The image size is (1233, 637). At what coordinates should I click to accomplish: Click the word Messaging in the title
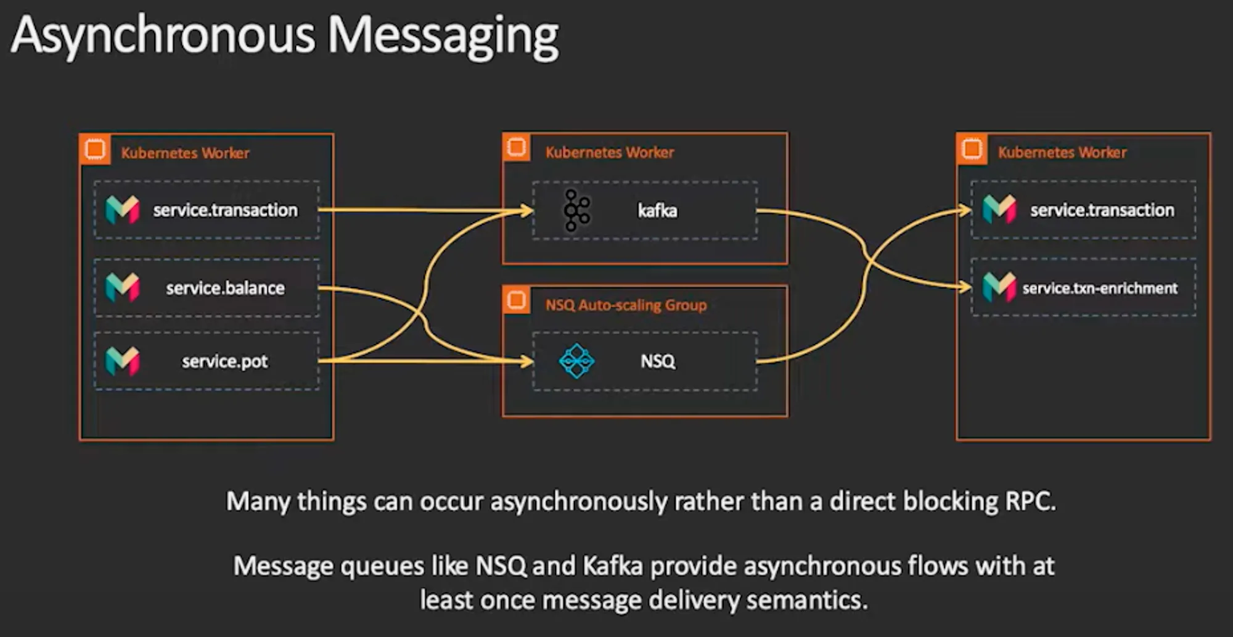coord(443,36)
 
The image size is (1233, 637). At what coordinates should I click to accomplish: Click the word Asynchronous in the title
coord(163,36)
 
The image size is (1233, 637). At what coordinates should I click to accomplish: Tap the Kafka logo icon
coord(576,211)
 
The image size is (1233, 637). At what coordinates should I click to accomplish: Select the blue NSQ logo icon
coord(576,361)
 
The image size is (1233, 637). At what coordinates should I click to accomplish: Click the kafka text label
coord(657,211)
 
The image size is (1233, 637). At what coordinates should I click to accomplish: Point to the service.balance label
coord(225,288)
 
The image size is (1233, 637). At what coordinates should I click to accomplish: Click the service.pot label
coord(225,361)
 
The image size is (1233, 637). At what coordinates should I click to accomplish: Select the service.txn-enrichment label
coord(1100,288)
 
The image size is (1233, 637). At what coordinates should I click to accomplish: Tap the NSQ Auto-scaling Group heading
coord(626,305)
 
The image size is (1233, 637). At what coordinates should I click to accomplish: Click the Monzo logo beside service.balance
coord(122,288)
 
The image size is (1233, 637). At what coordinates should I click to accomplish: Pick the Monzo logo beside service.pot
coord(122,361)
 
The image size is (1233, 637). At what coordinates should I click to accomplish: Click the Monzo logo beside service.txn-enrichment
coord(999,287)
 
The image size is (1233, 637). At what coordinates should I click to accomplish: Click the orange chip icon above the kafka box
coord(517,148)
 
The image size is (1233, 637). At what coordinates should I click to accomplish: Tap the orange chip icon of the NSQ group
coord(517,300)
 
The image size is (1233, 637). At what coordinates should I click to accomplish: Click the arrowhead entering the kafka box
coord(527,211)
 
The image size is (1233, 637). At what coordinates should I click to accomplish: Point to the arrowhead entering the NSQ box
coord(527,361)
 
